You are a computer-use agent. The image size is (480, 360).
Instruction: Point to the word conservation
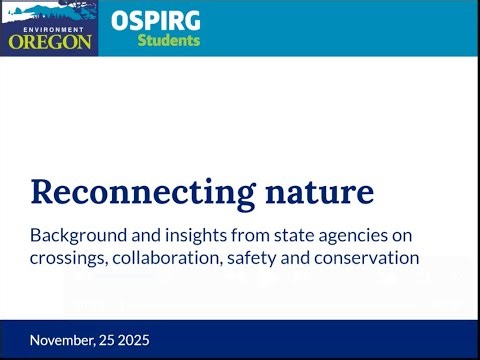coord(371,258)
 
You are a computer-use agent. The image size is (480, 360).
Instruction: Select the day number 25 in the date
coord(114,340)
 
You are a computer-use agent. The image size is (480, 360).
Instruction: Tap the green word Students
coord(168,41)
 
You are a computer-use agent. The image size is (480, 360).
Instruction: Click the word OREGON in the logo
coord(50,43)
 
